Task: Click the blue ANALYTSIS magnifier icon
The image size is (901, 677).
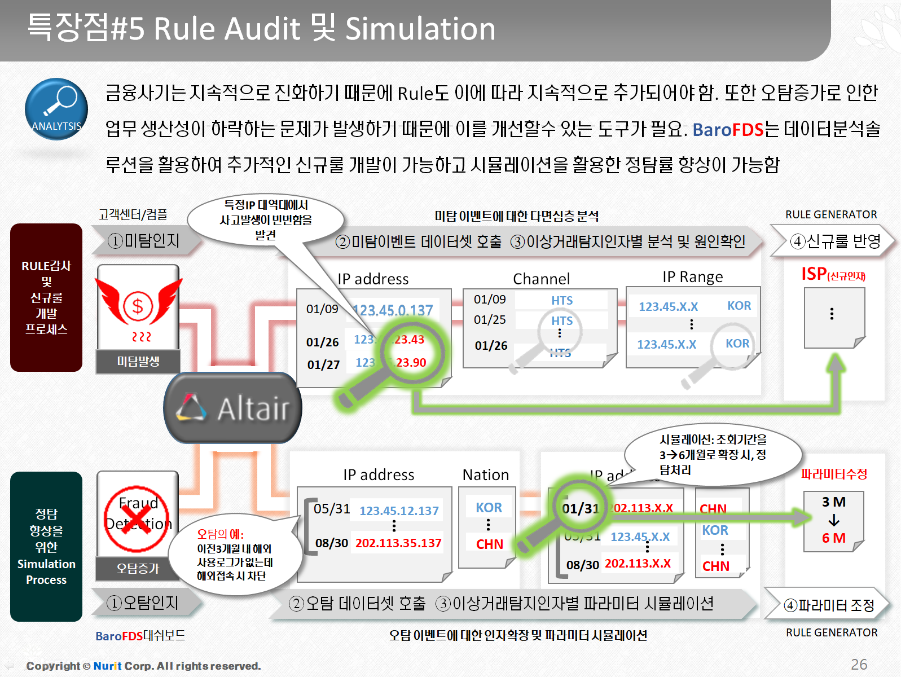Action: point(56,109)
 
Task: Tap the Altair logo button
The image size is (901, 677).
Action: point(232,408)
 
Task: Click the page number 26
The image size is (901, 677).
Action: point(859,664)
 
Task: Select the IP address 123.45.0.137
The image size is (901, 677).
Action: point(393,310)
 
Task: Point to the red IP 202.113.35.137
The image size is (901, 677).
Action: point(398,543)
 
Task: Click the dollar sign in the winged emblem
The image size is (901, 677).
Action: point(137,306)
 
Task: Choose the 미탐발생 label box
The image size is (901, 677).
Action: point(138,361)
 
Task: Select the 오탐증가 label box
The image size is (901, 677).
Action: point(138,568)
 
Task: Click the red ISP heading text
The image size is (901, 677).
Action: point(814,274)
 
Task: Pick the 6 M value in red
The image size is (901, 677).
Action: point(833,538)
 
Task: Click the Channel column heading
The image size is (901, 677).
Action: point(541,279)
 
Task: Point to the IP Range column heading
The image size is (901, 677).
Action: point(692,277)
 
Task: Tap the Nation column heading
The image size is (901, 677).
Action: point(485,475)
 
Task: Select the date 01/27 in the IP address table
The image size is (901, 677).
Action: point(323,364)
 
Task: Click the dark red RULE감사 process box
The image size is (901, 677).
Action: point(46,297)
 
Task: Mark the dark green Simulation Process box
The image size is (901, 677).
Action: point(46,546)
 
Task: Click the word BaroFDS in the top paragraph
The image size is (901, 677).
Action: point(728,130)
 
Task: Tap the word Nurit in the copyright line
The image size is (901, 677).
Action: point(107,666)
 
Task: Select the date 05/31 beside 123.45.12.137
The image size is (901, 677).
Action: point(332,509)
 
